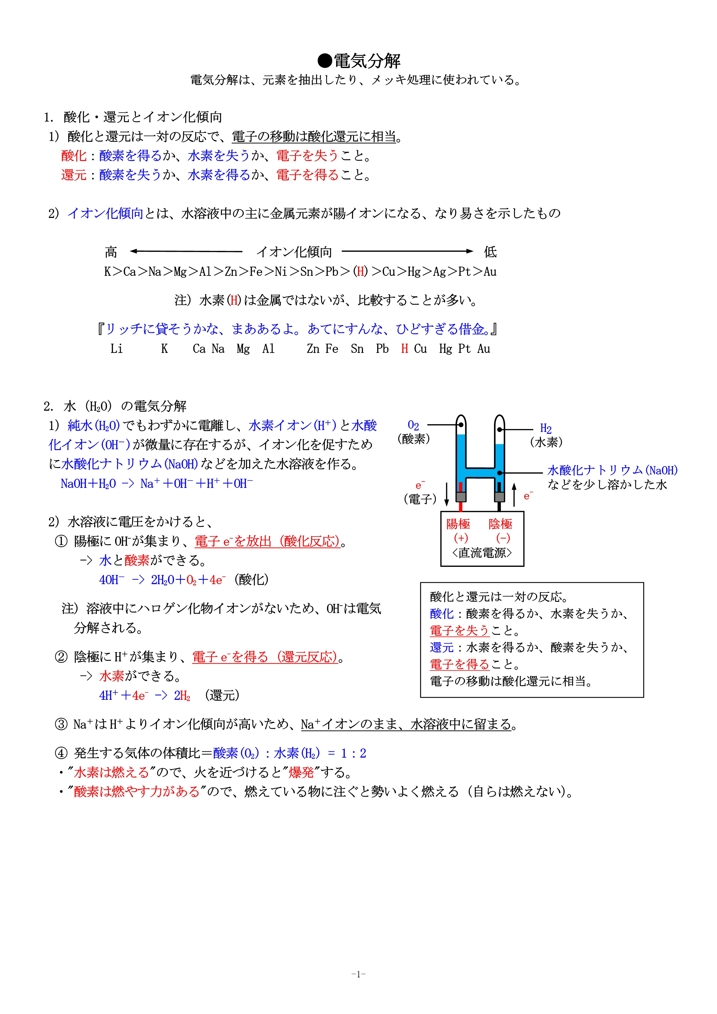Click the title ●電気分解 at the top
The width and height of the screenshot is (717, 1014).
[358, 61]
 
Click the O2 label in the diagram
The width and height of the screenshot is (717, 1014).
[413, 425]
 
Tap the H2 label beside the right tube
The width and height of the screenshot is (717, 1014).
[546, 428]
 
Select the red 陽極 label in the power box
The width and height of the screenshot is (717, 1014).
[458, 524]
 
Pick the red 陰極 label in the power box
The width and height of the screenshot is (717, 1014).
[500, 524]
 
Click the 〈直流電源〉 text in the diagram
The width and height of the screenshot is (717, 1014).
[482, 552]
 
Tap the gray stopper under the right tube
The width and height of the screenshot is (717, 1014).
[499, 497]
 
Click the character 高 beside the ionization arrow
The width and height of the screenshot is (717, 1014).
[111, 252]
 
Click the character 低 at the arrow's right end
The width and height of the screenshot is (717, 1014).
[490, 252]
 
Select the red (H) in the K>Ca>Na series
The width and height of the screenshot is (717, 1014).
[361, 271]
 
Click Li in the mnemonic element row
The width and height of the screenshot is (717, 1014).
[116, 349]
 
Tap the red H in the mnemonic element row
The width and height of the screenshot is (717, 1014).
[404, 349]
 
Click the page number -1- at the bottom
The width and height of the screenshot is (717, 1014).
[358, 973]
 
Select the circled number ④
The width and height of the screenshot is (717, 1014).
[61, 753]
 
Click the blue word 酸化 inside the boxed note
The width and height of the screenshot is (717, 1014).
[442, 613]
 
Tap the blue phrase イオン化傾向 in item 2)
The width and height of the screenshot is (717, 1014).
[105, 213]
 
